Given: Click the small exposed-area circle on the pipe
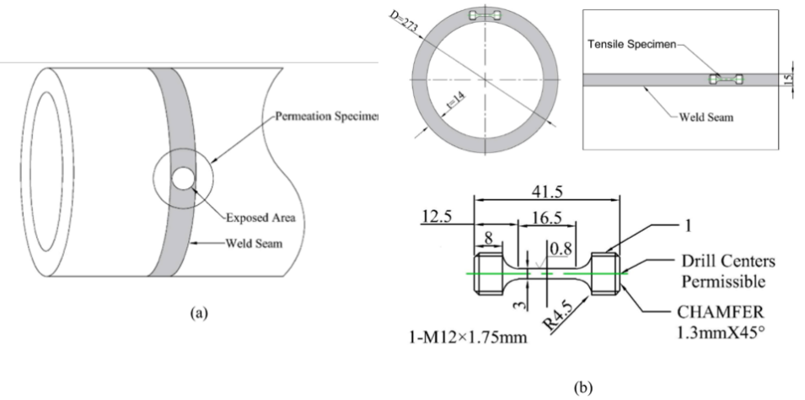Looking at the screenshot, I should (182, 178).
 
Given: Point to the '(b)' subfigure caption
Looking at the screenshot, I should (584, 388).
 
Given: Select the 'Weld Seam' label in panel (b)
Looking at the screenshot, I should (706, 117).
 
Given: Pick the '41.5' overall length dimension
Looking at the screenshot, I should (546, 192).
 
